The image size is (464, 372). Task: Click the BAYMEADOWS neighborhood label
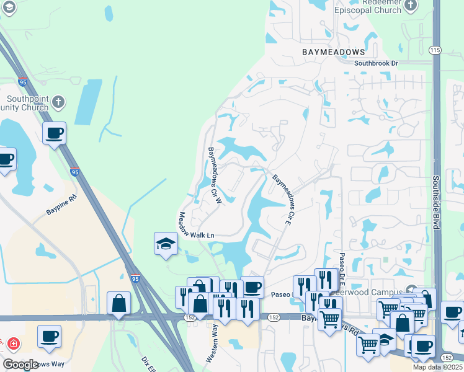pyautogui.click(x=334, y=52)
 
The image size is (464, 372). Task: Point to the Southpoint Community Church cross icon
pyautogui.click(x=58, y=102)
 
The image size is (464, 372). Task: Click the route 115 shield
pyautogui.click(x=435, y=50)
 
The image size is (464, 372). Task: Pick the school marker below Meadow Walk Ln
pyautogui.click(x=166, y=243)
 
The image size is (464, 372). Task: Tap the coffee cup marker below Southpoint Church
pyautogui.click(x=54, y=133)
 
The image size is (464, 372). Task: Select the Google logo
pyautogui.click(x=20, y=364)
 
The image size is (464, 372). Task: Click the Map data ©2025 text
pyautogui.click(x=437, y=367)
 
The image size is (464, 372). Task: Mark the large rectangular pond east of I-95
pyautogui.click(x=90, y=102)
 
